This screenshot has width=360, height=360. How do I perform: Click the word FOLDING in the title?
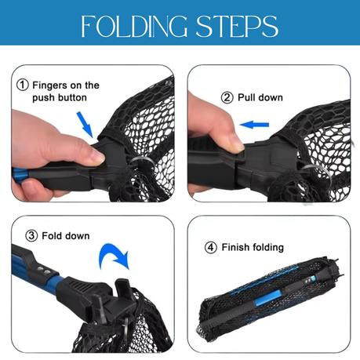[x=134, y=26]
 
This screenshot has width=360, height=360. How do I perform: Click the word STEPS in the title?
[x=237, y=26]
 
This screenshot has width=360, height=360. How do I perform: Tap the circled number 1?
[x=23, y=85]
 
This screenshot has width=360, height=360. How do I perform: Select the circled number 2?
[x=227, y=98]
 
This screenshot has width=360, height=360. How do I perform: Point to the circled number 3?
[x=31, y=236]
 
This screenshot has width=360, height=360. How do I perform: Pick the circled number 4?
[x=211, y=247]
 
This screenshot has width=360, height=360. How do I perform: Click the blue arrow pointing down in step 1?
[x=85, y=125]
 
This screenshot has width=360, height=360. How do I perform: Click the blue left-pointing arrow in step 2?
[x=254, y=125]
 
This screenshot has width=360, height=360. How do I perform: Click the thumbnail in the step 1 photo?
[x=98, y=157]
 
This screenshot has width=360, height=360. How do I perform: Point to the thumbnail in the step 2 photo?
[x=239, y=146]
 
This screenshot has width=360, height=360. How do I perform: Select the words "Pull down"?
[x=260, y=98]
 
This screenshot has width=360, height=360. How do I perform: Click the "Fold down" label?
[x=66, y=236]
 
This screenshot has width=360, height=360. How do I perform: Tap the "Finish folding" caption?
[x=253, y=248]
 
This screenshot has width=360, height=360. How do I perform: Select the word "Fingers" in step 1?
[x=49, y=85]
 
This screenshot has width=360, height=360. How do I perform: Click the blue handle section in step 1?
[x=20, y=173]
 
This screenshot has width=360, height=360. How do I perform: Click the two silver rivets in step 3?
[x=43, y=271]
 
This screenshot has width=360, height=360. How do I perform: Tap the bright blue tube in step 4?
[x=267, y=297]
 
